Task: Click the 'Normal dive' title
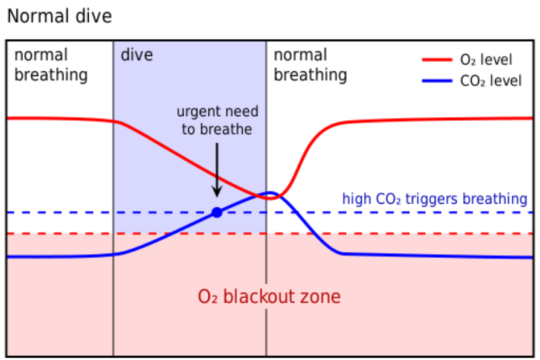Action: click(59, 16)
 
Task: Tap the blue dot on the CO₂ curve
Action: click(217, 212)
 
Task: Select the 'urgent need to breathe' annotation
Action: click(217, 120)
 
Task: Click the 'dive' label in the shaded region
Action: click(137, 56)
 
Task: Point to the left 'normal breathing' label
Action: click(51, 65)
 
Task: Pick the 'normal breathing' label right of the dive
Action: click(310, 65)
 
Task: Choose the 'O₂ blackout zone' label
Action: click(269, 297)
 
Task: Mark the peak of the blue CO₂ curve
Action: click(271, 194)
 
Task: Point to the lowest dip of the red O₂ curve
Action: click(273, 198)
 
